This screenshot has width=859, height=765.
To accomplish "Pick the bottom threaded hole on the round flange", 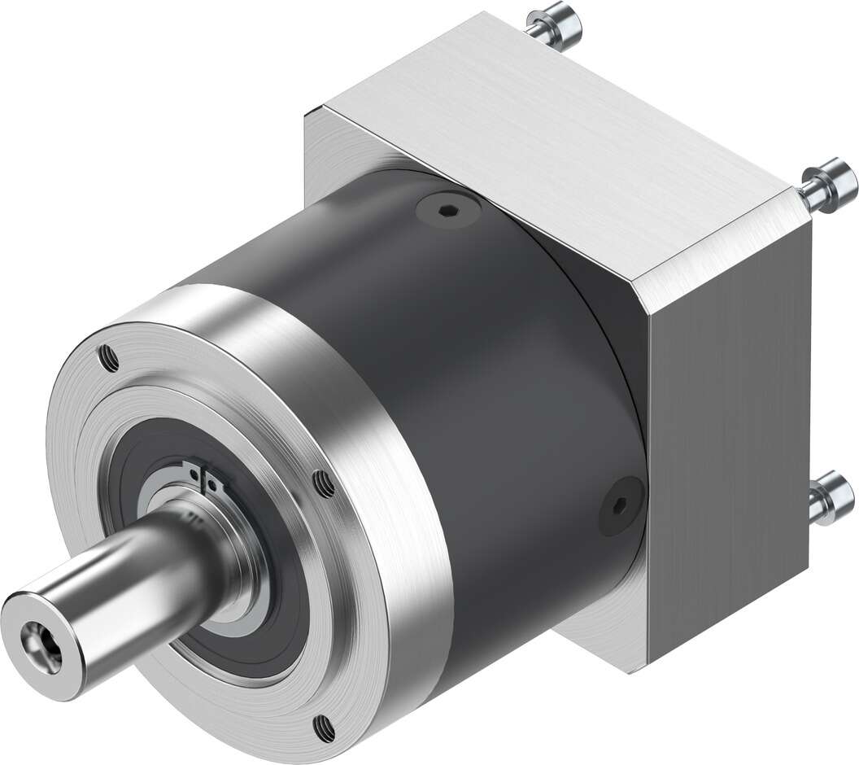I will point(327,721).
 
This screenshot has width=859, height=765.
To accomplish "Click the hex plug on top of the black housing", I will point(444,210).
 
